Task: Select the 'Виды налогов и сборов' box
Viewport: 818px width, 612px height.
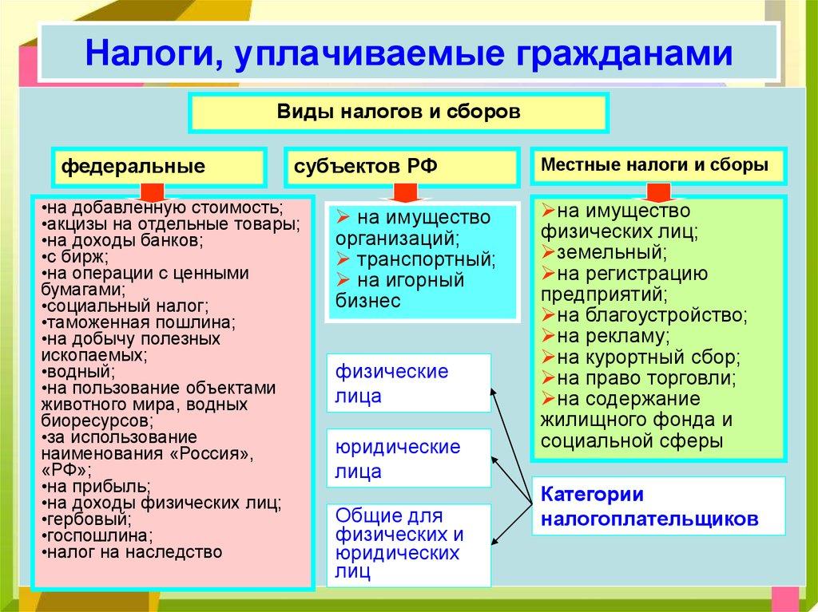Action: click(x=399, y=112)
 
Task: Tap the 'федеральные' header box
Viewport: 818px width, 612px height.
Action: click(x=158, y=168)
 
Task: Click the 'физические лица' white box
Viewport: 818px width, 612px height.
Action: click(x=408, y=384)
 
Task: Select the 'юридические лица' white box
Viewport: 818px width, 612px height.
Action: click(x=408, y=458)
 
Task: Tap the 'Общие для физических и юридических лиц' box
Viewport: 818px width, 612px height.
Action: click(x=408, y=543)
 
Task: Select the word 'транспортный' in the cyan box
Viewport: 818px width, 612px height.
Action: click(x=426, y=259)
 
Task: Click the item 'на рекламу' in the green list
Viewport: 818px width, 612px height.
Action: click(x=613, y=336)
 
